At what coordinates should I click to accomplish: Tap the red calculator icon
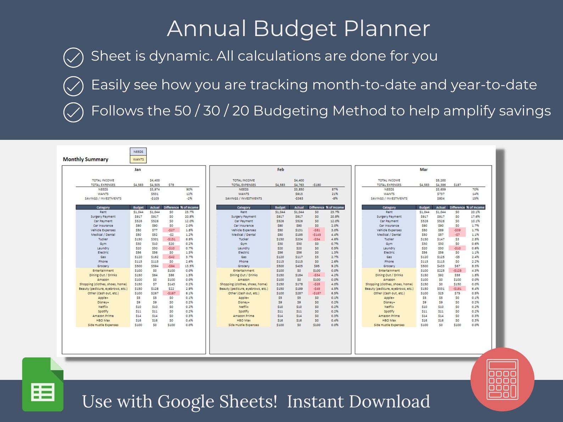pos(502,379)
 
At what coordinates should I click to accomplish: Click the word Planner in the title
pos(387,28)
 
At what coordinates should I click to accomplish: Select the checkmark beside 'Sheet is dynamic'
pos(73,57)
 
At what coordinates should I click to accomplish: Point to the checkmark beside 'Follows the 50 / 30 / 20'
pos(73,112)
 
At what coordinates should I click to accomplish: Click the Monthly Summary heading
pos(85,159)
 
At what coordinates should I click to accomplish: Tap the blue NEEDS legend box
pos(138,152)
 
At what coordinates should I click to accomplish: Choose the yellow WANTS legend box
pos(138,159)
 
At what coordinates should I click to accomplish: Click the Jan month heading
pos(138,170)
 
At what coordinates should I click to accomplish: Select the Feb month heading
pos(280,170)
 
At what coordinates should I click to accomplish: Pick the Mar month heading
pos(424,170)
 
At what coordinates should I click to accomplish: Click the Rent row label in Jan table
pos(103,212)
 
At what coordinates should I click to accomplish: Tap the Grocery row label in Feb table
pos(244,266)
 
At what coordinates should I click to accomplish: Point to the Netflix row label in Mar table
pos(389,307)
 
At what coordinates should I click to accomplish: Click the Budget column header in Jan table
pos(138,207)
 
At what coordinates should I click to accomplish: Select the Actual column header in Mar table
pos(441,207)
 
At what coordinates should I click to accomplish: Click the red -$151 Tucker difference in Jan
pos(171,239)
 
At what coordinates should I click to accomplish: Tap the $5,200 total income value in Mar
pos(441,180)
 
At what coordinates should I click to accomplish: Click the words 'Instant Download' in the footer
pos(358,401)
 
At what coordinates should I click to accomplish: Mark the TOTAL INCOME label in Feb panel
pos(244,180)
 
